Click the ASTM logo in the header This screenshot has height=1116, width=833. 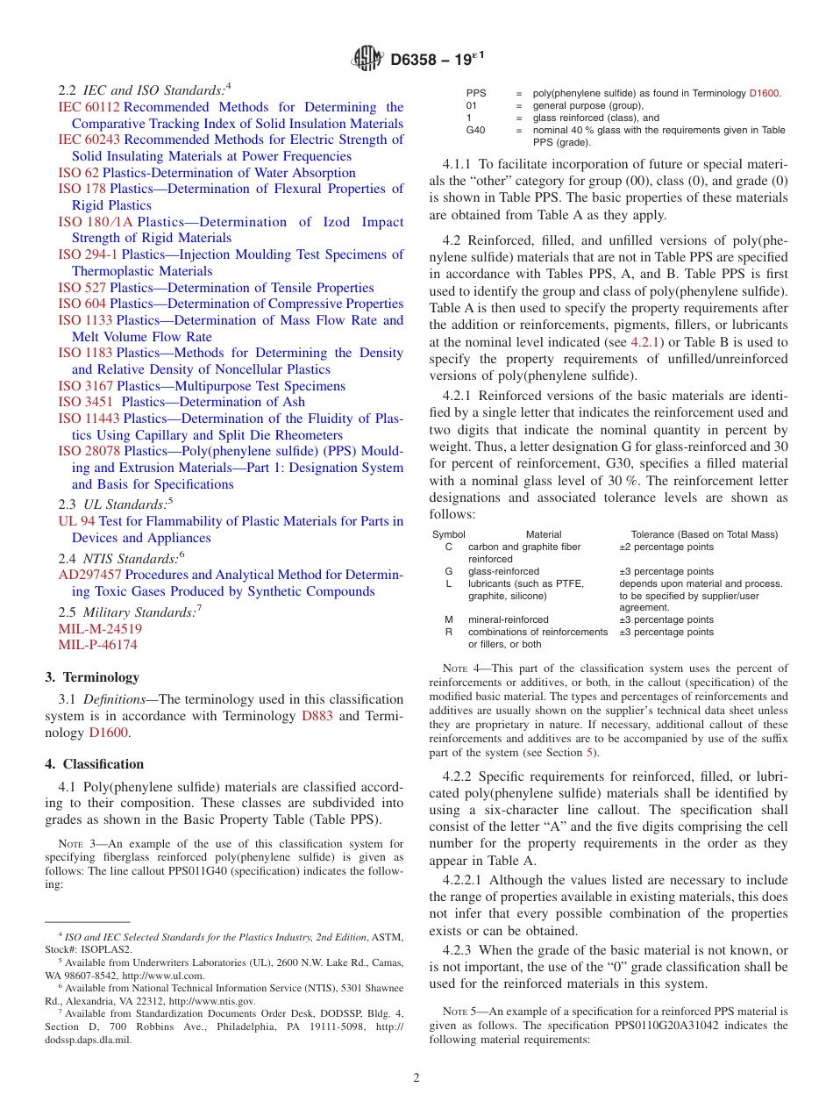[x=367, y=59]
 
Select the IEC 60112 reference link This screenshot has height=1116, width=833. [x=82, y=107]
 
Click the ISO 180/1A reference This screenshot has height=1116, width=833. [x=96, y=222]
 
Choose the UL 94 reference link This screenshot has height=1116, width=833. [x=71, y=521]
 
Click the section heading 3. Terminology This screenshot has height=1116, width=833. [x=92, y=677]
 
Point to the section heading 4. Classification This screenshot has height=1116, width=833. [x=95, y=764]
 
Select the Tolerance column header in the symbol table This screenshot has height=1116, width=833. [x=704, y=534]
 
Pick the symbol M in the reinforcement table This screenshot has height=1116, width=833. [x=449, y=619]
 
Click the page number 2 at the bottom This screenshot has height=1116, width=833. [x=416, y=1077]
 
